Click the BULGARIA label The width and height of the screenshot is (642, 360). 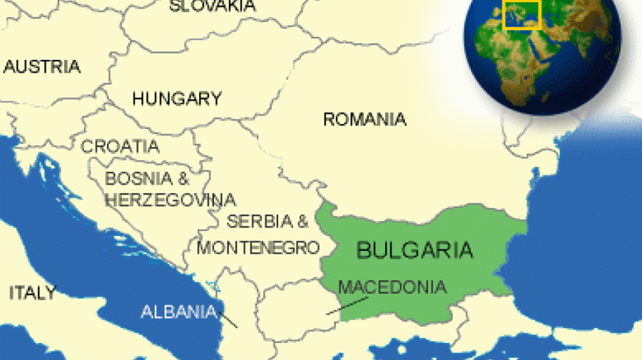(414, 250)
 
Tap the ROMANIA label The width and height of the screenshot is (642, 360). (365, 119)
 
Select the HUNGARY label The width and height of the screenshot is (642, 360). (177, 98)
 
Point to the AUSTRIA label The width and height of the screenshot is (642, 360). (42, 67)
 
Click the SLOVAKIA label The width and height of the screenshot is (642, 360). (212, 6)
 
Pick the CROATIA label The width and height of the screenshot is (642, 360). (120, 146)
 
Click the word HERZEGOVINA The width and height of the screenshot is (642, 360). (170, 199)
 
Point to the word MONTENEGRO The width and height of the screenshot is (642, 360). (258, 247)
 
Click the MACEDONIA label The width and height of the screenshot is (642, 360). (392, 287)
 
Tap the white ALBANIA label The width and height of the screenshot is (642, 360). (178, 312)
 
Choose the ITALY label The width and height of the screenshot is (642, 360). (31, 292)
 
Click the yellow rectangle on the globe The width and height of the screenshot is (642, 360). (521, 15)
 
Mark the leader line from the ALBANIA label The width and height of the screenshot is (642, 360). (228, 319)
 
